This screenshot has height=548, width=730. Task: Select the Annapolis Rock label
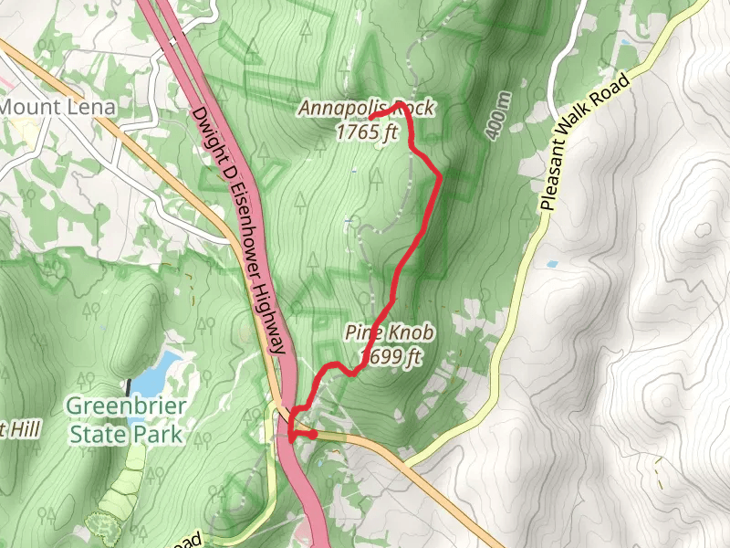(x=366, y=109)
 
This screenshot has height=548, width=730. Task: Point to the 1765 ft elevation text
(x=368, y=132)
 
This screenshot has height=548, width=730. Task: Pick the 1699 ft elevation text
(x=391, y=356)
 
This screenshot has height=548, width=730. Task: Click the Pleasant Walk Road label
(x=585, y=143)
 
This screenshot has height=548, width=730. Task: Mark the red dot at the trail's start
(x=312, y=435)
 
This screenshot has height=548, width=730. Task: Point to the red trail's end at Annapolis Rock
(x=371, y=118)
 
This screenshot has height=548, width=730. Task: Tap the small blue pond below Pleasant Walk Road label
(x=553, y=265)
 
